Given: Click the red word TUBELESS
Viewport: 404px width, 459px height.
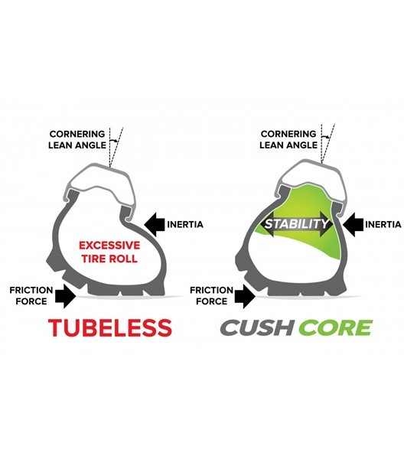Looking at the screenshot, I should click(x=109, y=327).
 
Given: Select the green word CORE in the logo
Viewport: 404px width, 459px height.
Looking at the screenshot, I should click(x=335, y=327).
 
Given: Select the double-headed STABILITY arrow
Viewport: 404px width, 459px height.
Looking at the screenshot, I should click(x=297, y=225).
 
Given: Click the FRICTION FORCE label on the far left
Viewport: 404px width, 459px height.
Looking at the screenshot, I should click(x=31, y=295).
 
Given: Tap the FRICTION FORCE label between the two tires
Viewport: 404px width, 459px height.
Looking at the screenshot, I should click(x=209, y=295).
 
